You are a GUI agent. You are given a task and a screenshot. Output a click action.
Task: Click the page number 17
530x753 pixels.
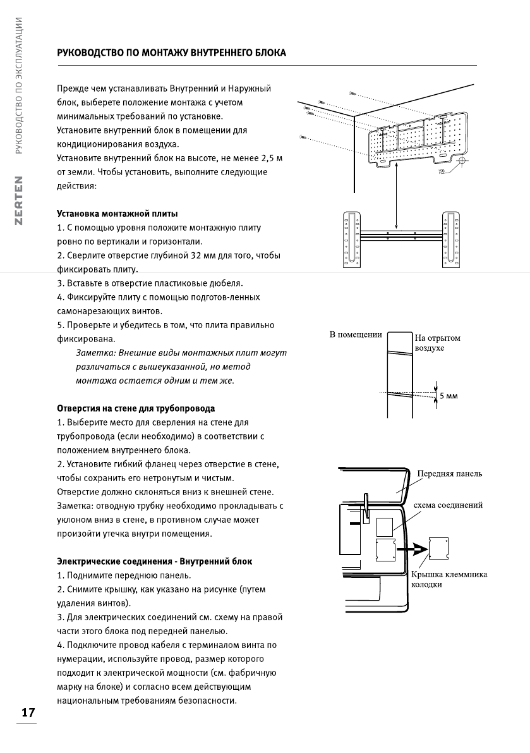(28, 713)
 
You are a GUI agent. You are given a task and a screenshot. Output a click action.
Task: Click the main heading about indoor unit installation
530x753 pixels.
(172, 53)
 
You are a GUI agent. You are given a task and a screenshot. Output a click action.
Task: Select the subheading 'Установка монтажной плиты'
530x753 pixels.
(117, 213)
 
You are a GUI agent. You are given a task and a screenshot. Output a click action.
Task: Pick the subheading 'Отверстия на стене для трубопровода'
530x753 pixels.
(136, 408)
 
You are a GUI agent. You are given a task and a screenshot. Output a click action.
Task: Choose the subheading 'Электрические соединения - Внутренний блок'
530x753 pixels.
(154, 561)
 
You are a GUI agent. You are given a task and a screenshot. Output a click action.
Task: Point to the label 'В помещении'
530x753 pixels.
(356, 334)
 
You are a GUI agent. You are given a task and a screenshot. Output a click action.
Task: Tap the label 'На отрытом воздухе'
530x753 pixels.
(437, 343)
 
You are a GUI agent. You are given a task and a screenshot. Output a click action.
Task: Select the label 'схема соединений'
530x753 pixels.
(448, 505)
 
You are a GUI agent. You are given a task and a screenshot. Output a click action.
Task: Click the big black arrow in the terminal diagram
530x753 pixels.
(414, 548)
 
